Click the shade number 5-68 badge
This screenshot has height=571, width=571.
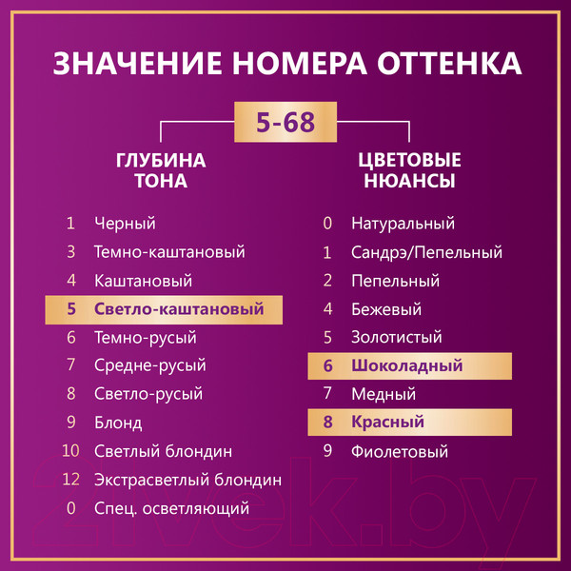coord(285,123)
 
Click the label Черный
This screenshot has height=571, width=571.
coord(125,224)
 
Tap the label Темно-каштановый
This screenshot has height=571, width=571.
coord(169,252)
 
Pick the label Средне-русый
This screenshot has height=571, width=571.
coord(149,365)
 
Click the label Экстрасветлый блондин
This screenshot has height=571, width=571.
coord(187,480)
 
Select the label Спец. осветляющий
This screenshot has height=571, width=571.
coord(171,508)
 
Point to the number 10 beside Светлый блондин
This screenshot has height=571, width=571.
coord(70,451)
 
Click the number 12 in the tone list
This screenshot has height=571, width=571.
coord(70,480)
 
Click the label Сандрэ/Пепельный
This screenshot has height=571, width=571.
coord(425,252)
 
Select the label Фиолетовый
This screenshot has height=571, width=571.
coord(399,451)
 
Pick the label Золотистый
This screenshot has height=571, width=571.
coord(396,337)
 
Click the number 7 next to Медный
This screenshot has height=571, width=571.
coord(327,394)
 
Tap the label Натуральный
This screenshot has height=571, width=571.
coord(403,224)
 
